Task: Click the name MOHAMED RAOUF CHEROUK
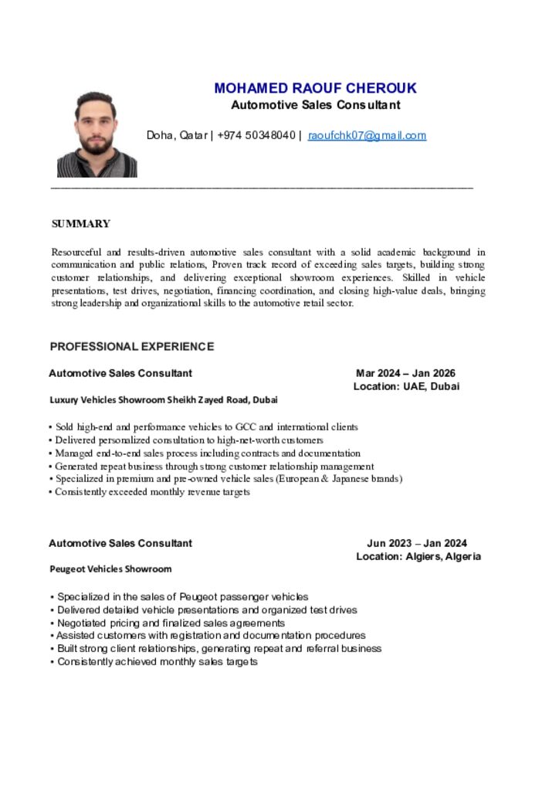pos(315,88)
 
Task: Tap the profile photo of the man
pos(97,134)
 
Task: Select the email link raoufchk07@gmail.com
pos(367,136)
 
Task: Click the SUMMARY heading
pos(81,224)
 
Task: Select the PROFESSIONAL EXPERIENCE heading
pos(132,347)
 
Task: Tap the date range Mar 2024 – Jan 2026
pos(405,373)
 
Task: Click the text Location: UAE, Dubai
pos(406,386)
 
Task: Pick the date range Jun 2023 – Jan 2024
pos(417,543)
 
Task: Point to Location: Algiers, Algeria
pos(418,556)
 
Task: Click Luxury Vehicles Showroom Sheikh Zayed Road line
pos(164,400)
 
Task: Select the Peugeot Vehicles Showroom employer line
pos(110,569)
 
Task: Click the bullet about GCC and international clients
pos(206,426)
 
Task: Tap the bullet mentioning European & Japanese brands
pos(228,479)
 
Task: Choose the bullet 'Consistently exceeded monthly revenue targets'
pos(152,492)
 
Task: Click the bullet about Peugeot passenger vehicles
pos(182,596)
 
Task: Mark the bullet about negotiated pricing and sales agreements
pos(171,623)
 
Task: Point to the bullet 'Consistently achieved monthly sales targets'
pos(157,662)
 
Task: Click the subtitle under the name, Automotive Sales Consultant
pos(316,105)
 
